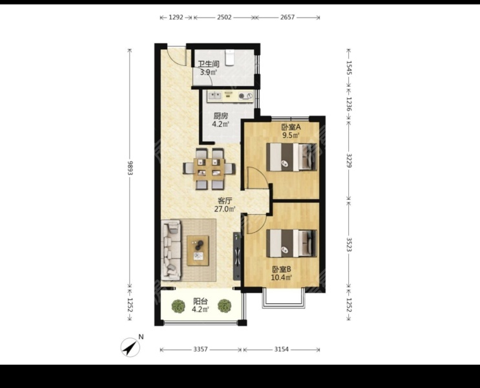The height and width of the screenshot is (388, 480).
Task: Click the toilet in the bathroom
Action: [230, 58]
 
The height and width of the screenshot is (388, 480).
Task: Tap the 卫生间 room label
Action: [209, 64]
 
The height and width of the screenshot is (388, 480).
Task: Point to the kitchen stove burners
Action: [246, 96]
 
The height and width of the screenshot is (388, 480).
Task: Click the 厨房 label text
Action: [221, 116]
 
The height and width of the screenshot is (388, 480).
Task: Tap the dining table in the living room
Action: [209, 168]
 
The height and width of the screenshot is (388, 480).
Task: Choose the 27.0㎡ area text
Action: [225, 210]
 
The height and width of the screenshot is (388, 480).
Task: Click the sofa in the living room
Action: [171, 251]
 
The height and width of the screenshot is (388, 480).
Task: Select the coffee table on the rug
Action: [198, 250]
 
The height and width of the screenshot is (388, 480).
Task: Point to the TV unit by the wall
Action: [236, 255]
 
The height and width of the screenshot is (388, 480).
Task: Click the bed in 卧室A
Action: [291, 157]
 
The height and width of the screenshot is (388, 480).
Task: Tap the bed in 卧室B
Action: [291, 243]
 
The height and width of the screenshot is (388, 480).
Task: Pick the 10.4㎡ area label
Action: [281, 277]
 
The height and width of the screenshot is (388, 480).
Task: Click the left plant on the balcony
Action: [178, 306]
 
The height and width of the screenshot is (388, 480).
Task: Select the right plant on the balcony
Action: [224, 306]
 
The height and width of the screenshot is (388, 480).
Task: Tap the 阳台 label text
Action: [200, 301]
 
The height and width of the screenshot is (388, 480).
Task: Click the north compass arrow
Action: [130, 347]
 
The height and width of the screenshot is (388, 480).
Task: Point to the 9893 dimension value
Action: [130, 168]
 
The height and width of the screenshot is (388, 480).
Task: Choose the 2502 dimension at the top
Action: [224, 17]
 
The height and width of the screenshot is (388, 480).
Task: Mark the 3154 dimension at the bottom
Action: [281, 349]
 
